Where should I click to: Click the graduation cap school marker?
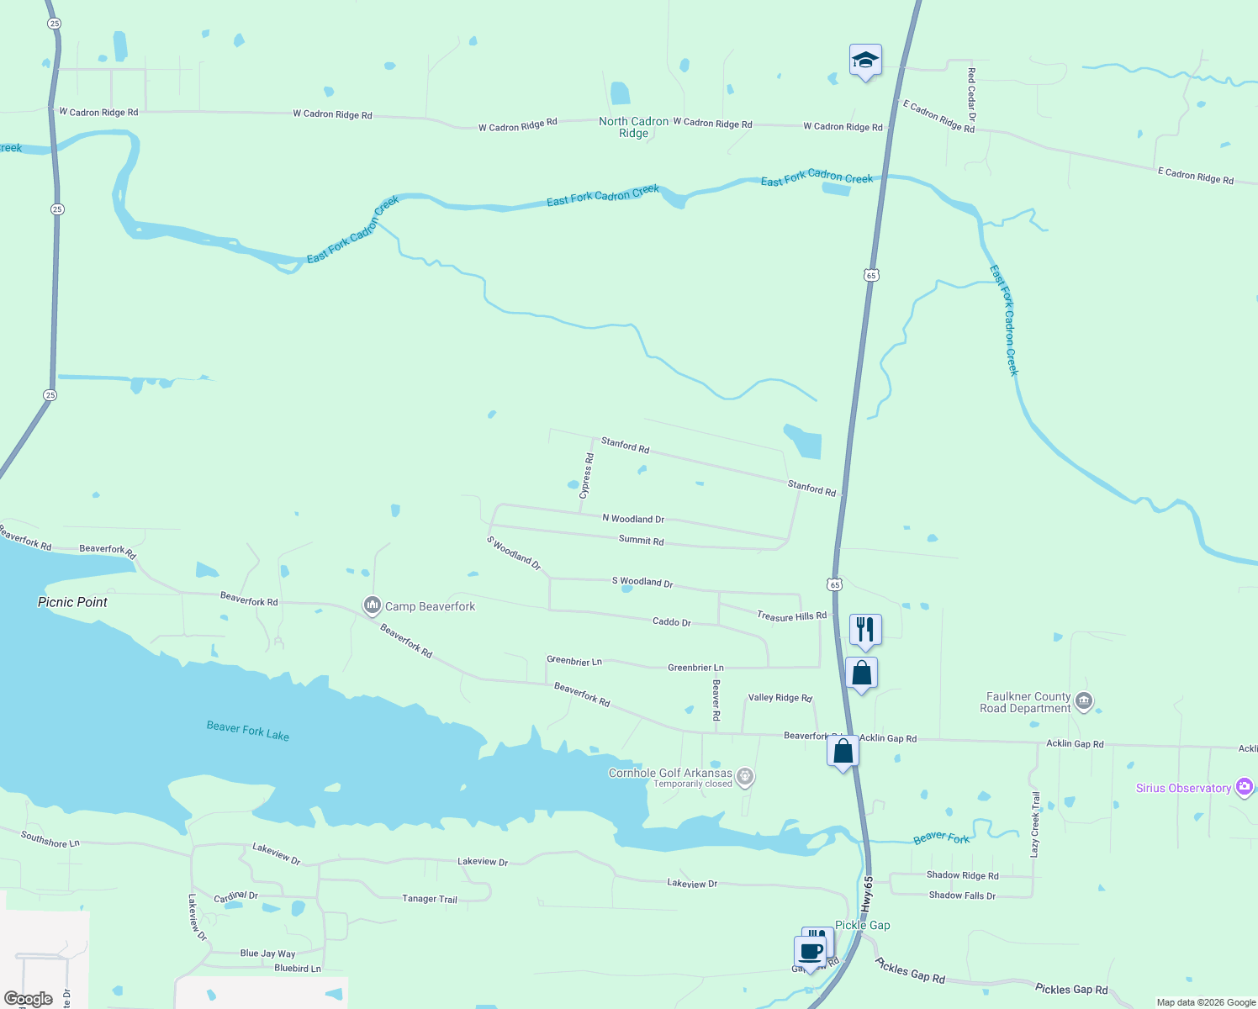(x=865, y=61)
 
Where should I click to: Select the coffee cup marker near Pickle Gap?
(x=811, y=953)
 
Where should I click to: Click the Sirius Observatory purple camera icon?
(x=1245, y=788)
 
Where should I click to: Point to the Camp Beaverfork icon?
(x=373, y=605)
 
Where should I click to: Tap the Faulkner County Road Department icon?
(x=1084, y=701)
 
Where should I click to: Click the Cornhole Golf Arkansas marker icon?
(x=744, y=776)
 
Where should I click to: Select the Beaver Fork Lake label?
(x=248, y=731)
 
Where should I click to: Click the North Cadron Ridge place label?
(x=633, y=127)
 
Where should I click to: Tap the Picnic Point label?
(x=72, y=602)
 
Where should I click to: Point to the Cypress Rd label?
(x=587, y=476)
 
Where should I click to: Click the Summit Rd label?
(x=641, y=541)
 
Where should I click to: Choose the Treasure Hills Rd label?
(x=791, y=616)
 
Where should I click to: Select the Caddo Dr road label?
(x=671, y=622)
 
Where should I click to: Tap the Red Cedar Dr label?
(x=971, y=94)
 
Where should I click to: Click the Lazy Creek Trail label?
(x=1035, y=824)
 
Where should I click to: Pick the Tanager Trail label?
(x=430, y=899)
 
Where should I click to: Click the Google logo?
(x=29, y=999)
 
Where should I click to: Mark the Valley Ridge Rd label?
(x=780, y=698)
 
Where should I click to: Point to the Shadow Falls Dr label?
(x=962, y=895)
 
